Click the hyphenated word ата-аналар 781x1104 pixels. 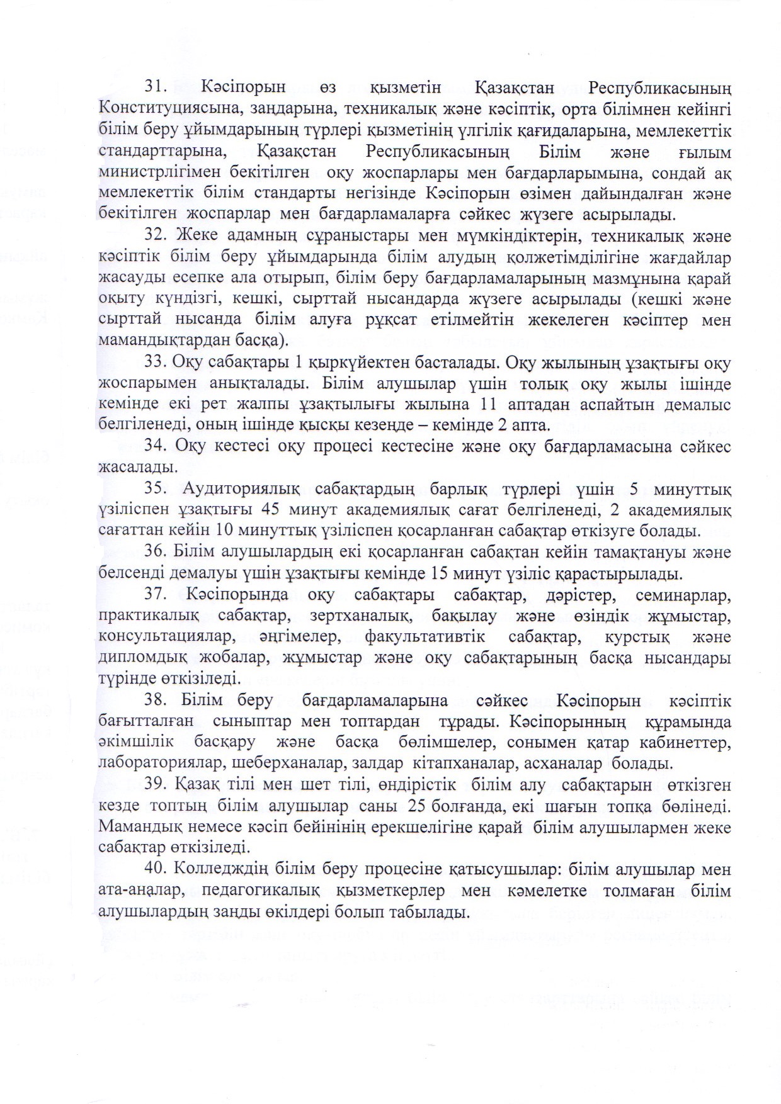tap(142, 892)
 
